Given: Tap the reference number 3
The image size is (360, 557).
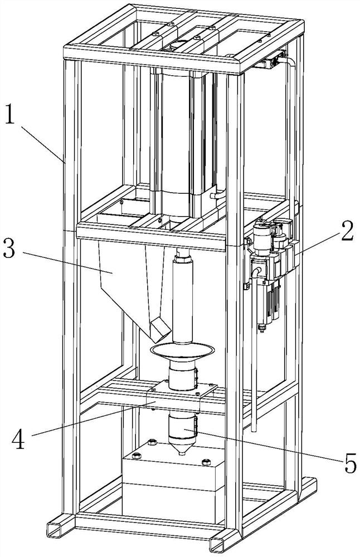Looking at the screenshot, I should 9,249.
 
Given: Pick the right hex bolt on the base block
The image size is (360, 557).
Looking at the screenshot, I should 206,462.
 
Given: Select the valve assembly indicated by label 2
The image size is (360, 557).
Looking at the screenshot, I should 267,251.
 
